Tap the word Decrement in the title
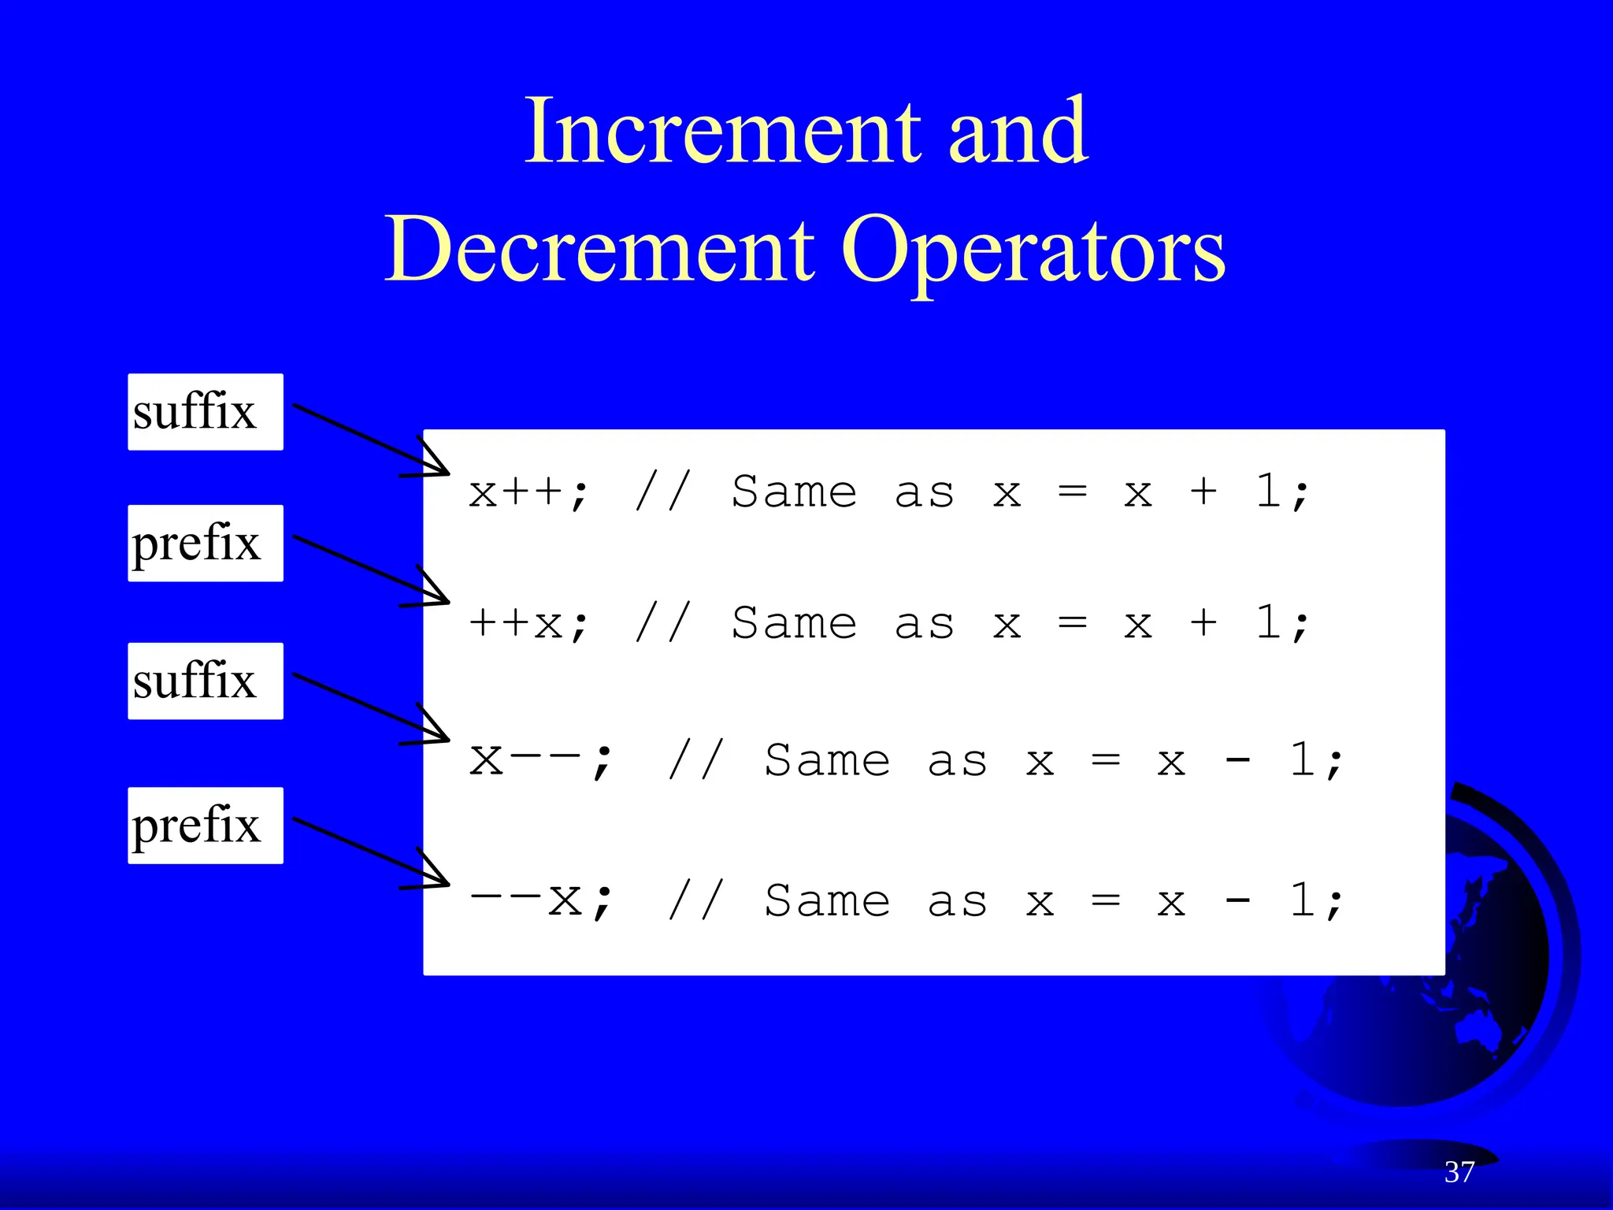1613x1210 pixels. pos(599,250)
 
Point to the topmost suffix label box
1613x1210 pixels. pos(205,412)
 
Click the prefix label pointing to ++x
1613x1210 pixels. pos(205,544)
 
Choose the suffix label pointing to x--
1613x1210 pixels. pos(205,681)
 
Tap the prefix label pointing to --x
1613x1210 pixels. pos(205,826)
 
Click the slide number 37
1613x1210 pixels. pos(1459,1172)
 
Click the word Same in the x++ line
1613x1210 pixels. pos(794,493)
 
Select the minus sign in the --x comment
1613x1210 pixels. pos(1237,900)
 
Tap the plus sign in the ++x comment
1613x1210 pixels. pos(1203,624)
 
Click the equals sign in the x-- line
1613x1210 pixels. pos(1106,761)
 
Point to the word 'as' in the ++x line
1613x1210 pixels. pos(925,624)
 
